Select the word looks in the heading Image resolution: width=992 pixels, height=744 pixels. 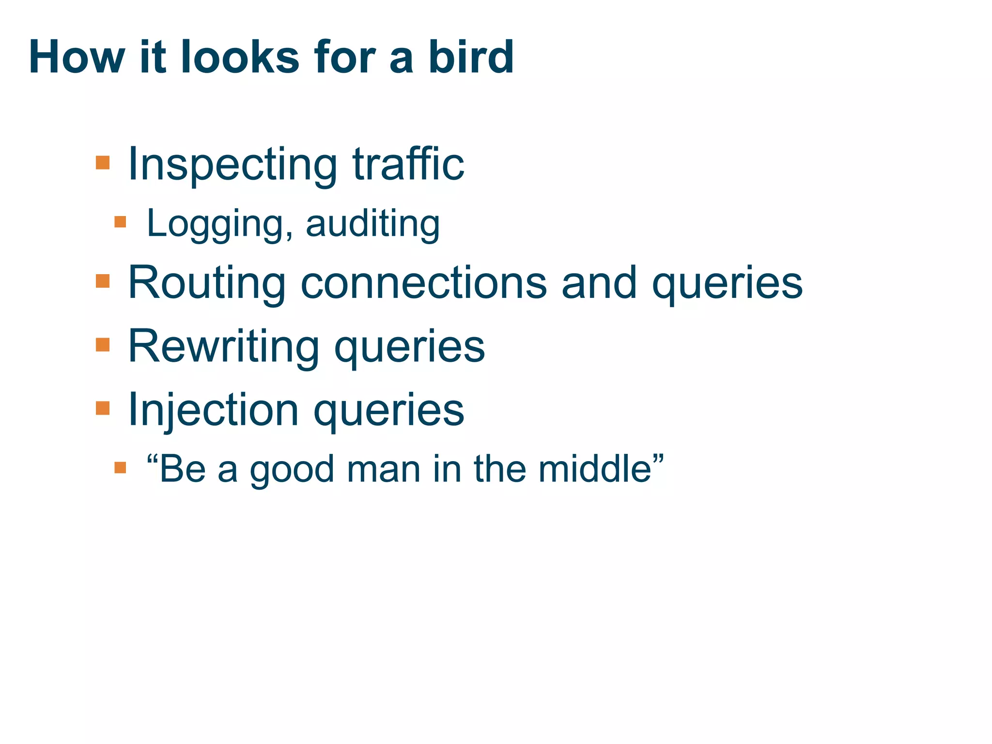(x=240, y=57)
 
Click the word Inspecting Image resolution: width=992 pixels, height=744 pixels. (x=232, y=165)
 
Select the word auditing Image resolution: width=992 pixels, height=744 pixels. (x=372, y=224)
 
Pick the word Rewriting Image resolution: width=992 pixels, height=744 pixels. (x=223, y=347)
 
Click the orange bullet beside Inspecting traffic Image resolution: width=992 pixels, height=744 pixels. (x=103, y=162)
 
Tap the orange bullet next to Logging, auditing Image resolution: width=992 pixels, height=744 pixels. (x=120, y=222)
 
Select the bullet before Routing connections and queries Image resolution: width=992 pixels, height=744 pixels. (x=103, y=281)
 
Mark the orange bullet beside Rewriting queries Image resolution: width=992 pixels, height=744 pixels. (x=103, y=345)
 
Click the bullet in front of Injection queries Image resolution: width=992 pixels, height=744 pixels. (x=103, y=408)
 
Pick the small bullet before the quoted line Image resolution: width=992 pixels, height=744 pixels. (x=120, y=467)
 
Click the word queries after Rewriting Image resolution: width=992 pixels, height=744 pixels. (x=409, y=347)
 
